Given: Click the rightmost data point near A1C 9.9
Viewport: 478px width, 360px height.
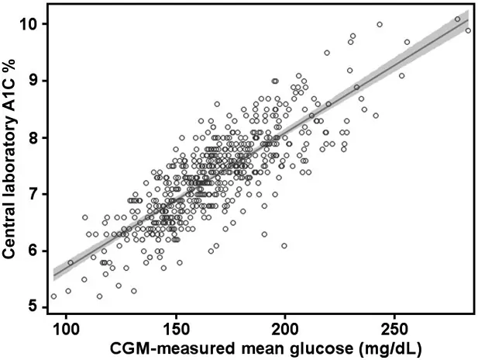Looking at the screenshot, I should click(468, 30).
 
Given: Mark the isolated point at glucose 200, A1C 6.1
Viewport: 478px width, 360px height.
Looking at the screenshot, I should click(284, 245).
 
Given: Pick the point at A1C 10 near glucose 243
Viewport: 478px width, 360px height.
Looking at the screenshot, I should click(380, 24).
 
